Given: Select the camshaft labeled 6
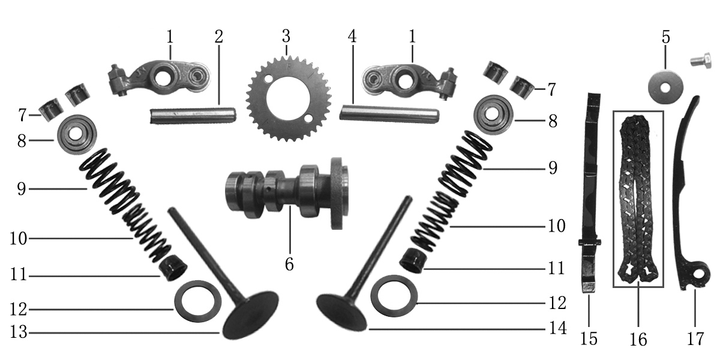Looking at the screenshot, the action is pos(287,192).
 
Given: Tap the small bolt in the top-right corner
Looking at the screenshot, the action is pos(701,61).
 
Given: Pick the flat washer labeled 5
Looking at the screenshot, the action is pos(665,87).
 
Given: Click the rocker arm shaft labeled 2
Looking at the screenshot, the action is pos(193,116).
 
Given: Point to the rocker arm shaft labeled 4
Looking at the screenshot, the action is pos(389,113).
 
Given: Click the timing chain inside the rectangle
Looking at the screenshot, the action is pos(638,199).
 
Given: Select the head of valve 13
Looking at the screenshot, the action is pos(251,315).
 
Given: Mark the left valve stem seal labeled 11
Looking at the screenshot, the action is pos(173,268).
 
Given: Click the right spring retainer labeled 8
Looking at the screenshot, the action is pos(493,115).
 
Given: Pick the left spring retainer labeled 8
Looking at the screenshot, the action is pos(77,135).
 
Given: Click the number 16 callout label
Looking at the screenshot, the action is pos(638,340).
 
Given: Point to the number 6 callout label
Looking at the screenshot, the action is pos(289,264).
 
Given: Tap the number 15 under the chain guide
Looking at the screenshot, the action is pos(589,339).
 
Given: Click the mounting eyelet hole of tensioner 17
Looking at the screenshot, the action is pos(698,275).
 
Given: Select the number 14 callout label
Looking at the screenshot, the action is pos(558,328).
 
